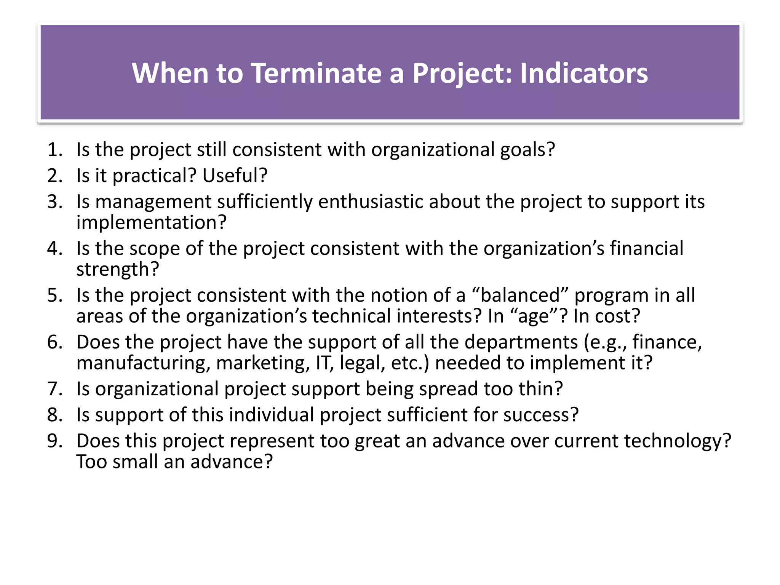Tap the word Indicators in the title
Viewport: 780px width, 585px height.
[583, 73]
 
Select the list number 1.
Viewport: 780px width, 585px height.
[54, 150]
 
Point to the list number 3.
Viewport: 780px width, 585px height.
[54, 201]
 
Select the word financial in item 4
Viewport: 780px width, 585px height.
[646, 248]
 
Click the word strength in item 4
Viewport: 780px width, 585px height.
[113, 269]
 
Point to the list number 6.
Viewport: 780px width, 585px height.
[54, 342]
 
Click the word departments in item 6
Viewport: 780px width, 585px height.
[521, 342]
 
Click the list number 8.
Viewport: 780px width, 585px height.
[54, 415]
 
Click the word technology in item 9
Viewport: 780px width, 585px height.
[676, 441]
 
